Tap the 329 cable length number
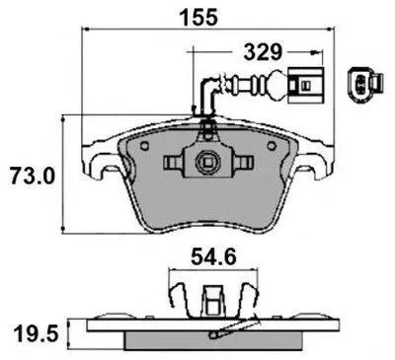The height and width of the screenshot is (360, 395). point(263,52)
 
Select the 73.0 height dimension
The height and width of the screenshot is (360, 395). point(32,176)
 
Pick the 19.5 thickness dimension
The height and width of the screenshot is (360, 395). point(37,333)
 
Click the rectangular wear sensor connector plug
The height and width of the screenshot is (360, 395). point(305,85)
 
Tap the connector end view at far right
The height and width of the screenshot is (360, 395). point(365,82)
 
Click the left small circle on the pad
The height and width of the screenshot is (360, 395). point(144,146)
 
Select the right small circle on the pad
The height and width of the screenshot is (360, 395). point(272,146)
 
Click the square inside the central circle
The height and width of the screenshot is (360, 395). point(207,162)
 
